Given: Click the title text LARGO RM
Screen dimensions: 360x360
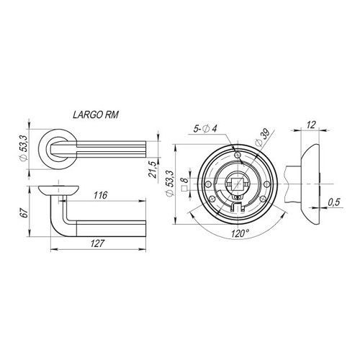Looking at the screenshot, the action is pyautogui.click(x=96, y=114).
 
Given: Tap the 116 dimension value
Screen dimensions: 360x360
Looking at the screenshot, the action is pyautogui.click(x=100, y=195).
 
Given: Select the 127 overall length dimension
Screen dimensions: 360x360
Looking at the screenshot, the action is pyautogui.click(x=98, y=243).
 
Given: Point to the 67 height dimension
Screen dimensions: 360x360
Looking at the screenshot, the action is pyautogui.click(x=25, y=212).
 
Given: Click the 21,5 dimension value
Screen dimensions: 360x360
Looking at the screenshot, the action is pyautogui.click(x=153, y=169).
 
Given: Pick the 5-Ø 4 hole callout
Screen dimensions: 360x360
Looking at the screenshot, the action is pyautogui.click(x=205, y=129).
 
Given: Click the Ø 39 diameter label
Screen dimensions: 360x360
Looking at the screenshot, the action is pyautogui.click(x=262, y=137).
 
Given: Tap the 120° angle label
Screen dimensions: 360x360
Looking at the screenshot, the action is pyautogui.click(x=240, y=233).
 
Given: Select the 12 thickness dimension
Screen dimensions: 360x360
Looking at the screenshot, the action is pyautogui.click(x=311, y=125).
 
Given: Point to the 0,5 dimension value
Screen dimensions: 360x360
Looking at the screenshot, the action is pyautogui.click(x=334, y=202).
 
